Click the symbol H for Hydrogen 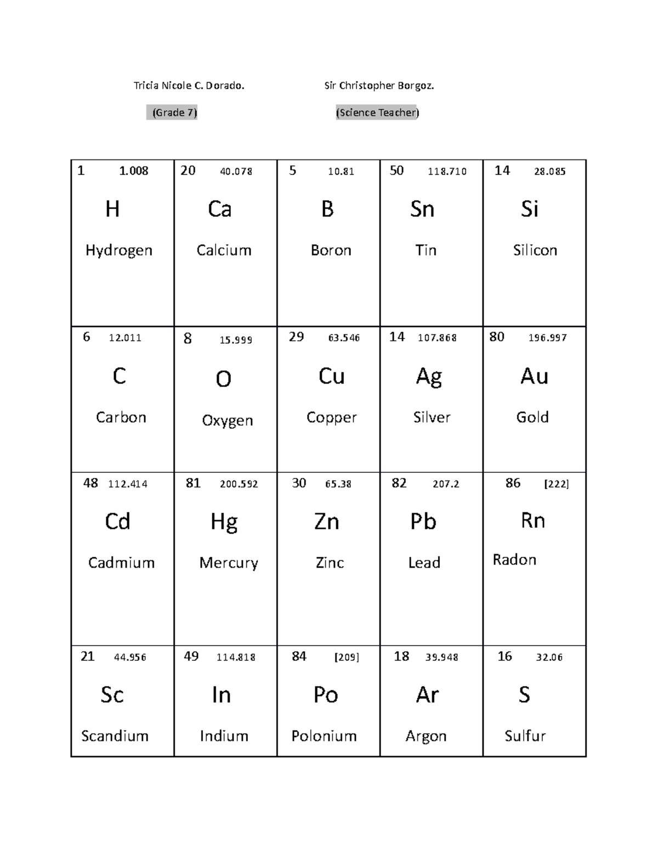[x=112, y=209]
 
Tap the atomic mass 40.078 [x=236, y=172]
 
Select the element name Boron [x=331, y=250]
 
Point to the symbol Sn [x=422, y=209]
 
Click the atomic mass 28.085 [x=549, y=172]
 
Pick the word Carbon [x=121, y=418]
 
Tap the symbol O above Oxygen [x=223, y=379]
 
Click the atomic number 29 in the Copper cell [x=296, y=337]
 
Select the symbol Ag [x=429, y=377]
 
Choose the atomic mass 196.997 [x=547, y=338]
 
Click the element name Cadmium [x=121, y=563]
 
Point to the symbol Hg [x=224, y=522]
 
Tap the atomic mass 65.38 [x=338, y=484]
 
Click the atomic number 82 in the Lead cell [x=399, y=483]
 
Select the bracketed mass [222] [x=556, y=484]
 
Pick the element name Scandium [x=115, y=736]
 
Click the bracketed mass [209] [x=347, y=657]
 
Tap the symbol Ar [x=427, y=695]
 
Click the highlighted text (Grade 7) [x=172, y=112]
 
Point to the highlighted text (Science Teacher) [x=377, y=112]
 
